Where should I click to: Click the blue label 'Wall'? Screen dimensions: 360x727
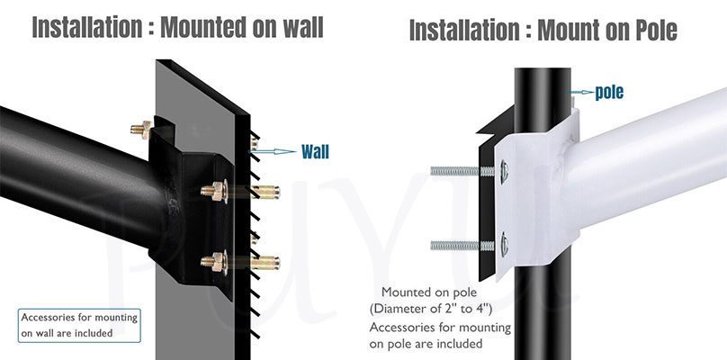(315, 151)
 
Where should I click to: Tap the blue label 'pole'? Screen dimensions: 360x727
(609, 92)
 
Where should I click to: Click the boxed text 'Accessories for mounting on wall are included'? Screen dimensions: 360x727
(79, 325)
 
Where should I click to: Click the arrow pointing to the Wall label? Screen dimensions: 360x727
(276, 152)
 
